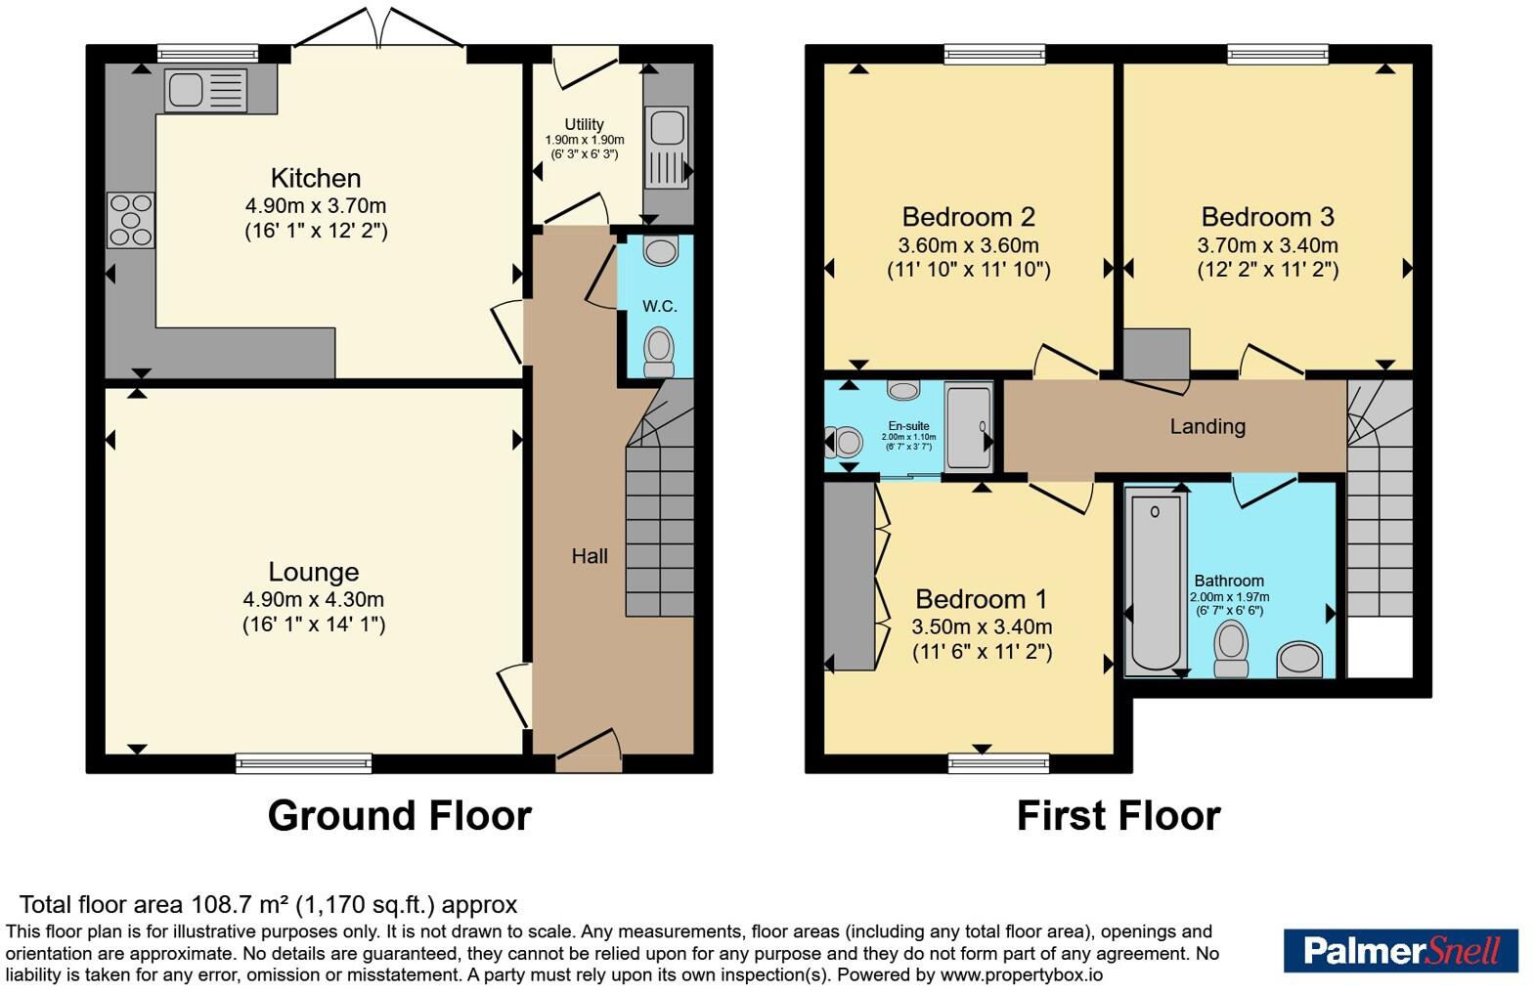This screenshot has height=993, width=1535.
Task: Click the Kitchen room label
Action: [x=316, y=178]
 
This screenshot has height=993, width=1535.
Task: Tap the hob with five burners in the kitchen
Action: [x=130, y=220]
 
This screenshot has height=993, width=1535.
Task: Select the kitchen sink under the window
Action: [x=205, y=90]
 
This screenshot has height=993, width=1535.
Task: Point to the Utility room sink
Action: [x=667, y=147]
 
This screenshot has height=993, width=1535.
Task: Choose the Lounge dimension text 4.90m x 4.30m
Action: [x=313, y=599]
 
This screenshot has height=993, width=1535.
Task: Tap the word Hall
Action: [x=590, y=556]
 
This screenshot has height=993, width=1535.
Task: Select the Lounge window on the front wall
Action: [x=303, y=763]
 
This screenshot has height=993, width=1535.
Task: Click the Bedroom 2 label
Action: [x=968, y=217]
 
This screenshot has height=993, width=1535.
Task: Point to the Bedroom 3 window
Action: [x=1277, y=54]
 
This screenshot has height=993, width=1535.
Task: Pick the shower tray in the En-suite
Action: [x=968, y=427]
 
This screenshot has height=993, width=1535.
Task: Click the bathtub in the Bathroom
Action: [x=1156, y=583]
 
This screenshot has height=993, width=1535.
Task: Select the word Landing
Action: [x=1207, y=427]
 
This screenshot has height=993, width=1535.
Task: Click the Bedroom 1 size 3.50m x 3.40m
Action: [x=982, y=626]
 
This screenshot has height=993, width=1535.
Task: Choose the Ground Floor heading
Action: [x=400, y=816]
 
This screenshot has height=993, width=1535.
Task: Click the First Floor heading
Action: [x=1118, y=816]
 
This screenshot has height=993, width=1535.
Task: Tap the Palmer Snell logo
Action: [x=1401, y=951]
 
